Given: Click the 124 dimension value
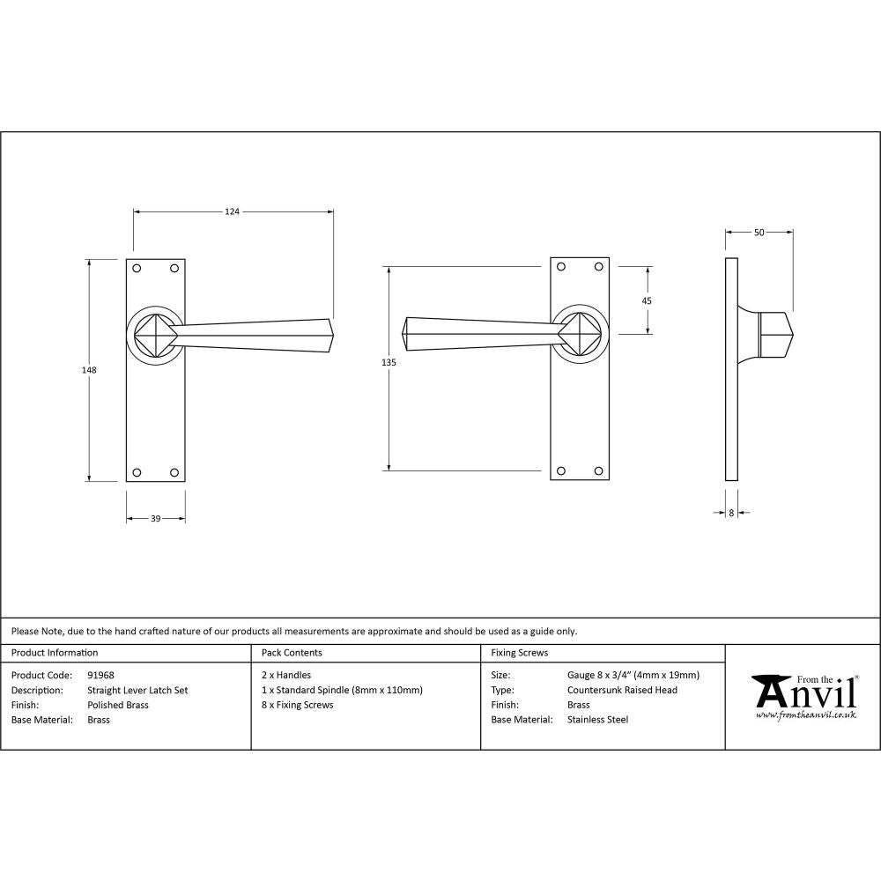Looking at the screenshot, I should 232,211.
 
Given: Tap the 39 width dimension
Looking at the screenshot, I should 155,519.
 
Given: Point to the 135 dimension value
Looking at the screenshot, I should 389,363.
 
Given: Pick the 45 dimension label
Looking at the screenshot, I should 648,300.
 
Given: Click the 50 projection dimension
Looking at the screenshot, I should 759,233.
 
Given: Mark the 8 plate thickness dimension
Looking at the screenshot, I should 731,512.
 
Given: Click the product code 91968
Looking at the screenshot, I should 101,676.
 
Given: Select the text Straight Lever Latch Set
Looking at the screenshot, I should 137,691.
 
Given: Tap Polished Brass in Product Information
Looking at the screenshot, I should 118,705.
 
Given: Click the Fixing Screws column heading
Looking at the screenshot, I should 519,653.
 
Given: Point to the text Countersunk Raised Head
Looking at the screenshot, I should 622,691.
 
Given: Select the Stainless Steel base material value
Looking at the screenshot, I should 597,720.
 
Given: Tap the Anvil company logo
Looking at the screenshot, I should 803,696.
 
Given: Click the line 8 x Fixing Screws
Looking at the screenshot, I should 298,705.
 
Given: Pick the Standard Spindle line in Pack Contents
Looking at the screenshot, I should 342,691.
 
